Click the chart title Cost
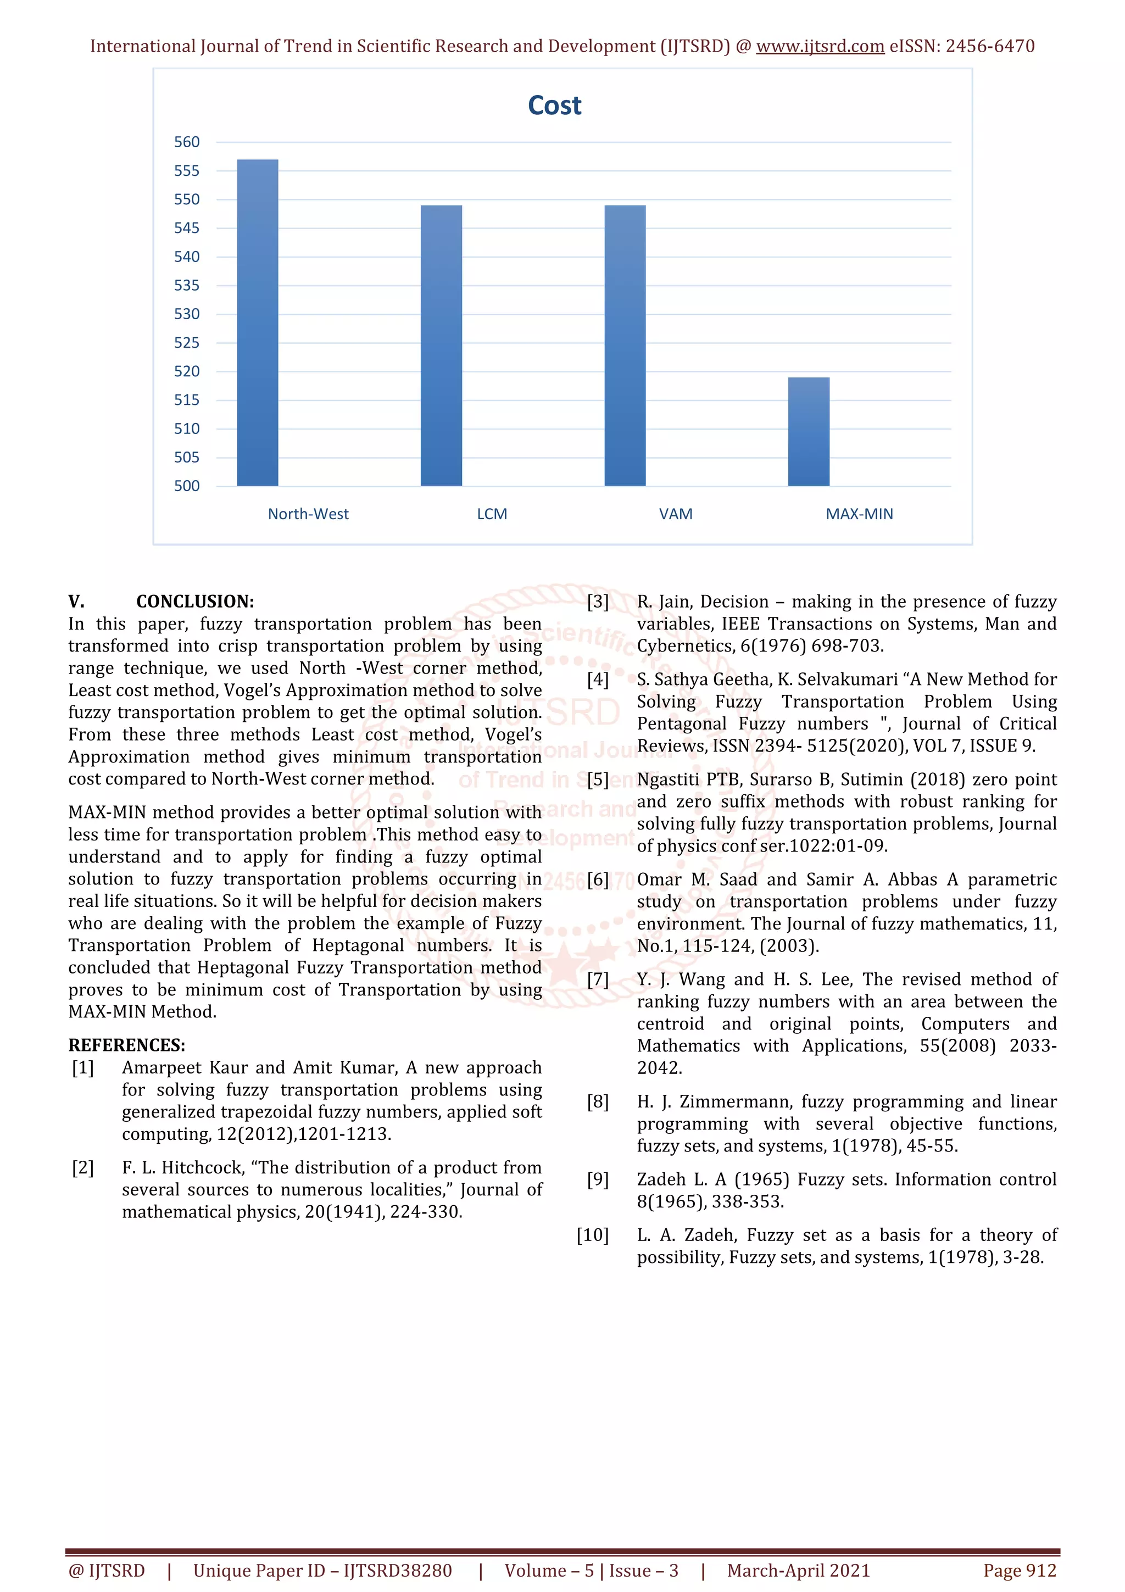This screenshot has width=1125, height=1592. click(554, 105)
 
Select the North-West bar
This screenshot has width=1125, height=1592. click(257, 322)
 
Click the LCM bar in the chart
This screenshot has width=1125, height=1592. click(441, 346)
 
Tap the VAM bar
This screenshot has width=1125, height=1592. click(625, 346)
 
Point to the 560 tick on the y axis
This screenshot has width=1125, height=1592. click(186, 142)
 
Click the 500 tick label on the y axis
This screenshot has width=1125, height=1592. click(186, 486)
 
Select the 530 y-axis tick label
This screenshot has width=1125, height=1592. click(186, 314)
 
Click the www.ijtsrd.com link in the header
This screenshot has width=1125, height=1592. click(820, 47)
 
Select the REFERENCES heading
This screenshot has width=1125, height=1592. click(126, 1045)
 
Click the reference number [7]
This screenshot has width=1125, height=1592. click(598, 979)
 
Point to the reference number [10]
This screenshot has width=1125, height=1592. click(593, 1235)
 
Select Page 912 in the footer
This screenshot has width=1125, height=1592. click(1019, 1571)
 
